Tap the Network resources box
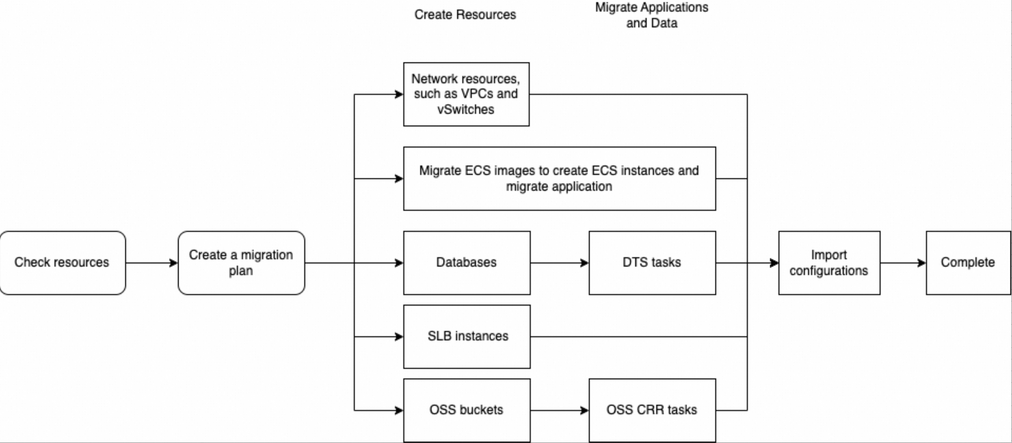(466, 94)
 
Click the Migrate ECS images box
(559, 179)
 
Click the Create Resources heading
(465, 15)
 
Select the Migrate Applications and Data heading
(651, 15)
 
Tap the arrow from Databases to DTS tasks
(559, 263)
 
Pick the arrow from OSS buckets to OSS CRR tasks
(559, 411)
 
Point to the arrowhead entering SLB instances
(399, 337)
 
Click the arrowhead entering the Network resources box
(399, 94)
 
